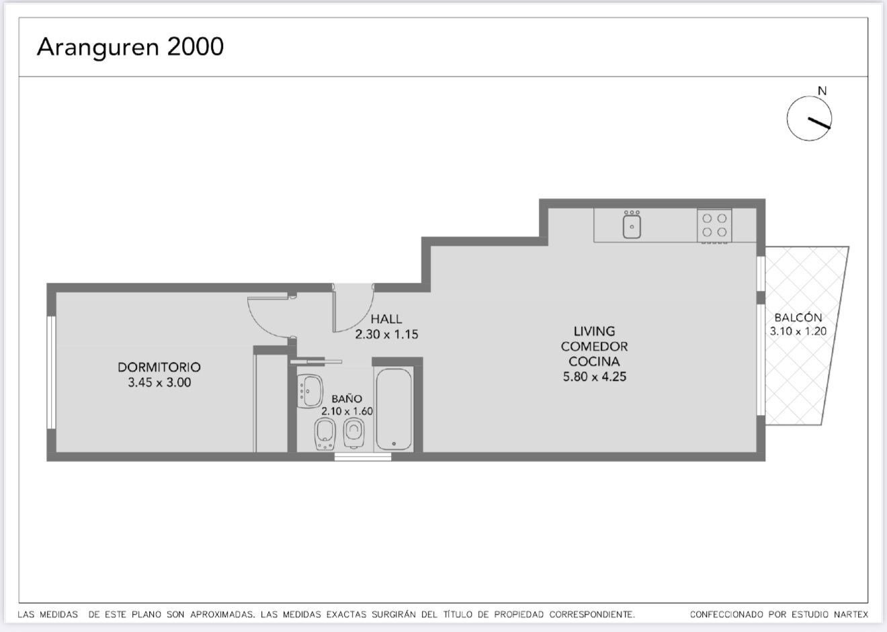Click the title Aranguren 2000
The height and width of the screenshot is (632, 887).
click(x=130, y=47)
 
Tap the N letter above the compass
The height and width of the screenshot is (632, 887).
click(x=822, y=91)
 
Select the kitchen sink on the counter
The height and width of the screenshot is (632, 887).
click(x=632, y=224)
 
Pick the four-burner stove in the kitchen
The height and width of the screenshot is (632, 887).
click(x=714, y=225)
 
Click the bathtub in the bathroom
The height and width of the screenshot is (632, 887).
click(x=394, y=409)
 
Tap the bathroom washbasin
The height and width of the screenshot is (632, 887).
click(x=310, y=391)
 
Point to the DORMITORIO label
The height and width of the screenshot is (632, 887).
click(x=159, y=367)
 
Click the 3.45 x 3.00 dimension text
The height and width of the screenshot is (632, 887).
click(x=159, y=382)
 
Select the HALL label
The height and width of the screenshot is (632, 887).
click(x=386, y=319)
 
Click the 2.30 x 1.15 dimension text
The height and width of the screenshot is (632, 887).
click(x=386, y=334)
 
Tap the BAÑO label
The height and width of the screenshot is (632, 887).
click(x=347, y=398)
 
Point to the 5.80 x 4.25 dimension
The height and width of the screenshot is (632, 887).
click(x=595, y=376)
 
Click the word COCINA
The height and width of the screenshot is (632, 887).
click(x=595, y=361)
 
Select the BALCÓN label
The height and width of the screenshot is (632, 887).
click(x=798, y=317)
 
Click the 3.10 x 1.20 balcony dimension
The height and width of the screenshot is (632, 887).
click(x=798, y=331)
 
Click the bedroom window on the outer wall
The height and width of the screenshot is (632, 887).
click(x=51, y=372)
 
